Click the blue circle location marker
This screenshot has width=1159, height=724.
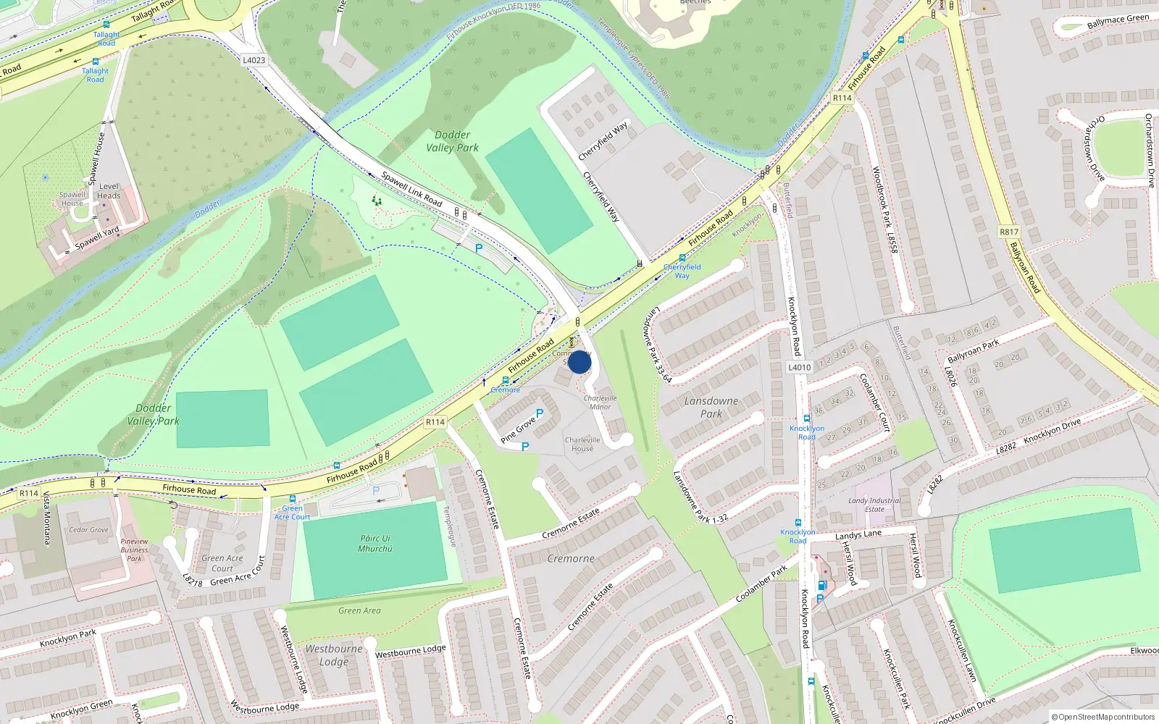tap(579, 362)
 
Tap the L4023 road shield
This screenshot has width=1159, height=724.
tap(254, 60)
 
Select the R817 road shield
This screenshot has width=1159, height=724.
tap(1008, 232)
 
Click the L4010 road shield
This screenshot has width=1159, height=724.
tap(799, 367)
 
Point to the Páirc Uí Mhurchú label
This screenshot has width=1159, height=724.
tap(375, 544)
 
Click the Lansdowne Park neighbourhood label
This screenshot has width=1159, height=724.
tap(711, 407)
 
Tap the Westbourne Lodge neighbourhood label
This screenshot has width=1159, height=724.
tap(334, 655)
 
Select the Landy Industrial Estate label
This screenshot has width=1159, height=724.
tap(874, 505)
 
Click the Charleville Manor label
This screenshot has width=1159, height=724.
tap(600, 403)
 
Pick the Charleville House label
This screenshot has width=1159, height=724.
tap(582, 444)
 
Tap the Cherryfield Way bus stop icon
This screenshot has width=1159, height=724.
tap(682, 258)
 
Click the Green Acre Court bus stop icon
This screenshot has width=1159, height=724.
tap(292, 499)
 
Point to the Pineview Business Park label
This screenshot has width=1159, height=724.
tap(135, 550)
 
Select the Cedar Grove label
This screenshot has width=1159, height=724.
tap(88, 530)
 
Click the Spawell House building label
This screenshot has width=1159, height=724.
tap(72, 198)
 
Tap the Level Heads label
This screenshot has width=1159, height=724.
tap(109, 191)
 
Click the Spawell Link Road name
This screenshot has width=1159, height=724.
tap(411, 188)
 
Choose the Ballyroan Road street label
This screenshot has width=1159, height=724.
tap(1025, 268)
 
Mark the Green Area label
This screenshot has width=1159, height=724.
tap(359, 611)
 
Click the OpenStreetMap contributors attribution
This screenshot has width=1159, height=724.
tap(1102, 717)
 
